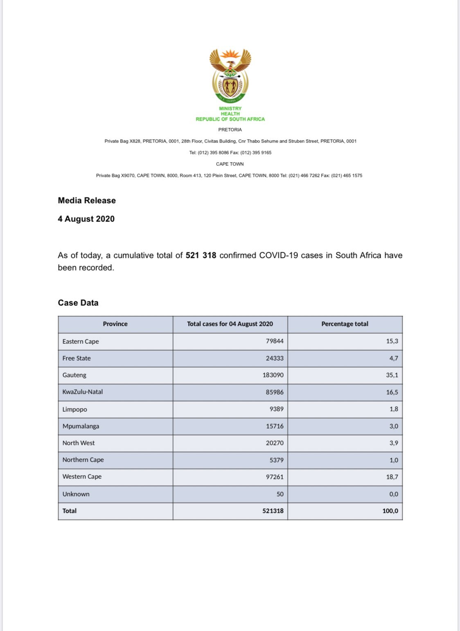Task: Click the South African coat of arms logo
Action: click(230, 76)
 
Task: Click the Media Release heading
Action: click(87, 201)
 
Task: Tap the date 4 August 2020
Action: click(86, 219)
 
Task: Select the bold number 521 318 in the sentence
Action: click(201, 255)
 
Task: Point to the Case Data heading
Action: click(78, 303)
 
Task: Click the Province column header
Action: click(115, 324)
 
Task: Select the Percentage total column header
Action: click(345, 324)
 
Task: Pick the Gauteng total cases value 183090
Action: click(273, 375)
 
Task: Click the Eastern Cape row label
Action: click(81, 341)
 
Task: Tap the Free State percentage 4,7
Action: click(393, 358)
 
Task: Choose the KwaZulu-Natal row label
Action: click(83, 392)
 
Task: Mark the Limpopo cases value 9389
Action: click(276, 409)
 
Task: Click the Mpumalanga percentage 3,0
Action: click(393, 426)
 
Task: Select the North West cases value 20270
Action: click(275, 443)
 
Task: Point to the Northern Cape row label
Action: click(83, 460)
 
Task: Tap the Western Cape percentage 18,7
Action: click(392, 477)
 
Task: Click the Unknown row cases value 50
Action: click(280, 494)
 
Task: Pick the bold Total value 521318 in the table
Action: click(273, 511)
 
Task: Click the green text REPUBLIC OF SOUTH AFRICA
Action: click(230, 119)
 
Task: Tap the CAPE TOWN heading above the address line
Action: click(230, 164)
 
